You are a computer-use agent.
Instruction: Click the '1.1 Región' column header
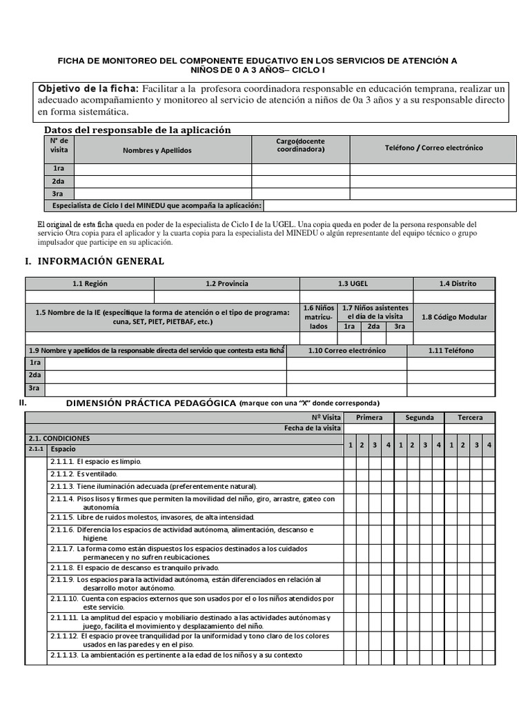(90, 283)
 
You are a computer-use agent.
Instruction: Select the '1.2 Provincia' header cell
(226, 283)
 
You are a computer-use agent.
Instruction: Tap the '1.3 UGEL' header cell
(356, 283)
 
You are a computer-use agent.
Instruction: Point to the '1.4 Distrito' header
(458, 283)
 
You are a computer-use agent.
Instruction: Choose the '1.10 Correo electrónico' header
(346, 351)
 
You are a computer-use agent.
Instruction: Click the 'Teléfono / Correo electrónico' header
(433, 148)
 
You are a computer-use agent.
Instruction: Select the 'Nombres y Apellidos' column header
(157, 150)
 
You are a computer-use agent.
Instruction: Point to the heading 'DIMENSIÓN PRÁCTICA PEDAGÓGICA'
(150, 403)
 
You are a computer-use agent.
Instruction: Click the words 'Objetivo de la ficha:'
(88, 89)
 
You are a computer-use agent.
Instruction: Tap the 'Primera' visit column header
(369, 418)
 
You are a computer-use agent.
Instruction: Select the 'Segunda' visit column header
(419, 418)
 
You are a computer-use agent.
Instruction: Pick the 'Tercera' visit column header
(470, 418)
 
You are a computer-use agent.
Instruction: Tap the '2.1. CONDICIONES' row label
(59, 438)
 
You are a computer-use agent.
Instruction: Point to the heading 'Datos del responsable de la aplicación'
(137, 130)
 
